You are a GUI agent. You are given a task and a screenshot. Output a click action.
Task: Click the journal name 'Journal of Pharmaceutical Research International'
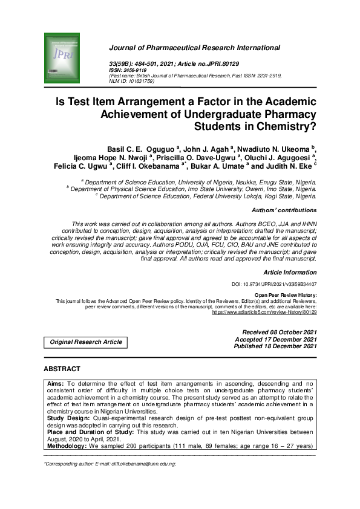(x=194, y=48)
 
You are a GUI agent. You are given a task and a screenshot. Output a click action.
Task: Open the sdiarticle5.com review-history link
(x=264, y=313)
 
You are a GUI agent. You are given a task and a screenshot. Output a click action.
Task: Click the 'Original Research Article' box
(x=86, y=342)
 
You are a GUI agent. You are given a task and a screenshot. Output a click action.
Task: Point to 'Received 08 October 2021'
(x=279, y=332)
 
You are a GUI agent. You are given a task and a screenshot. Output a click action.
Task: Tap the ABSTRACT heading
(x=62, y=369)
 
